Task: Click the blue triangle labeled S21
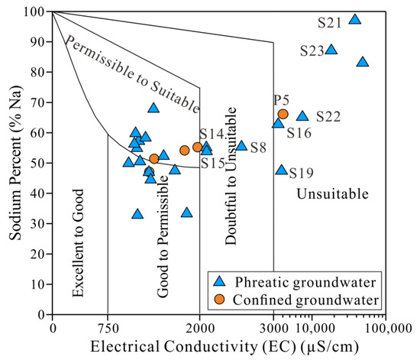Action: [x=354, y=20]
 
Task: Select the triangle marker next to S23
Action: [x=331, y=50]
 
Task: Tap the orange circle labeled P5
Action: [x=283, y=114]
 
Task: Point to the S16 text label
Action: [x=299, y=133]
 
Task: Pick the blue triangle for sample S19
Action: [x=281, y=170]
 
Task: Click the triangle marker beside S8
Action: [x=241, y=145]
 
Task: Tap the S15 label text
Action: [x=213, y=162]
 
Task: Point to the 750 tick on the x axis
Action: [x=108, y=328]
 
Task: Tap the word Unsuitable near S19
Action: [x=332, y=194]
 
